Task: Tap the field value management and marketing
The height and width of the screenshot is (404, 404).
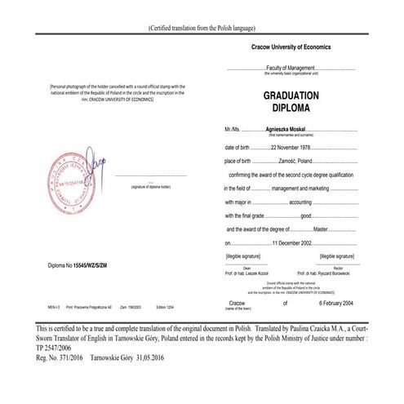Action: pos(300,189)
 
